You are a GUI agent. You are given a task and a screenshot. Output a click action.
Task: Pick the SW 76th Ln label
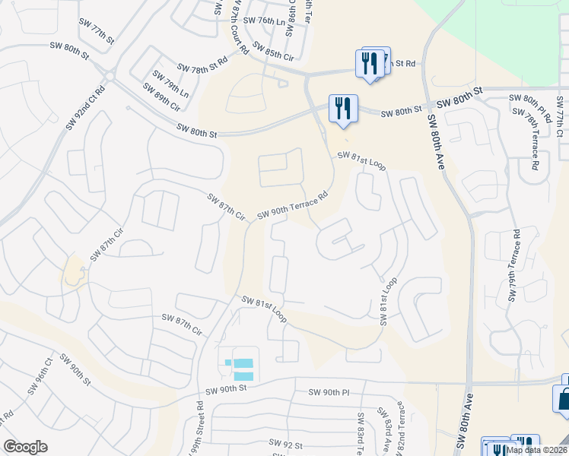coord(269,23)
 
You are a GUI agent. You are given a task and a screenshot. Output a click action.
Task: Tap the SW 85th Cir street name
coord(273,51)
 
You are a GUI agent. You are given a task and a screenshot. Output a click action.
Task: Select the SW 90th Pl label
coord(329,392)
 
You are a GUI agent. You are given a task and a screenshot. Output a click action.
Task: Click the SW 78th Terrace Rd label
coord(531,140)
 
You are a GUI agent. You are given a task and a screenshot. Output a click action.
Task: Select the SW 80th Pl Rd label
coord(529,107)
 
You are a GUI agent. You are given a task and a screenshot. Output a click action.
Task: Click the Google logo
coord(25,446)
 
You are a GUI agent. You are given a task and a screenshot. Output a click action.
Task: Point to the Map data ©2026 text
coord(536,450)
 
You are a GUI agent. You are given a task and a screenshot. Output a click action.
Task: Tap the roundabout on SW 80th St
coord(108,76)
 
